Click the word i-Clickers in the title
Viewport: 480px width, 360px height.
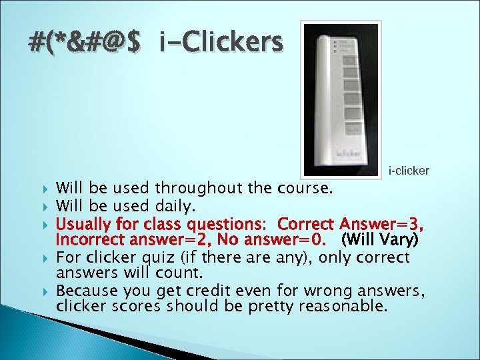click(x=221, y=43)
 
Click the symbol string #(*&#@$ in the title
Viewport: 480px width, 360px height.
click(x=85, y=43)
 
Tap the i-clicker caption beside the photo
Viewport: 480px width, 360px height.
click(x=409, y=171)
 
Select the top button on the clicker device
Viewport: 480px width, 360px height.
click(x=351, y=64)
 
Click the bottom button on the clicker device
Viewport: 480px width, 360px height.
click(x=351, y=128)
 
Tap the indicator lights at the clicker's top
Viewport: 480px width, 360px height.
click(x=335, y=45)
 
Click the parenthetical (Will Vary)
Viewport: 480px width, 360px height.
click(x=379, y=238)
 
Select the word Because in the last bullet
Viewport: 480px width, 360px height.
click(x=85, y=291)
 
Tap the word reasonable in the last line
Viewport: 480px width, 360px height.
click(x=341, y=307)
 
